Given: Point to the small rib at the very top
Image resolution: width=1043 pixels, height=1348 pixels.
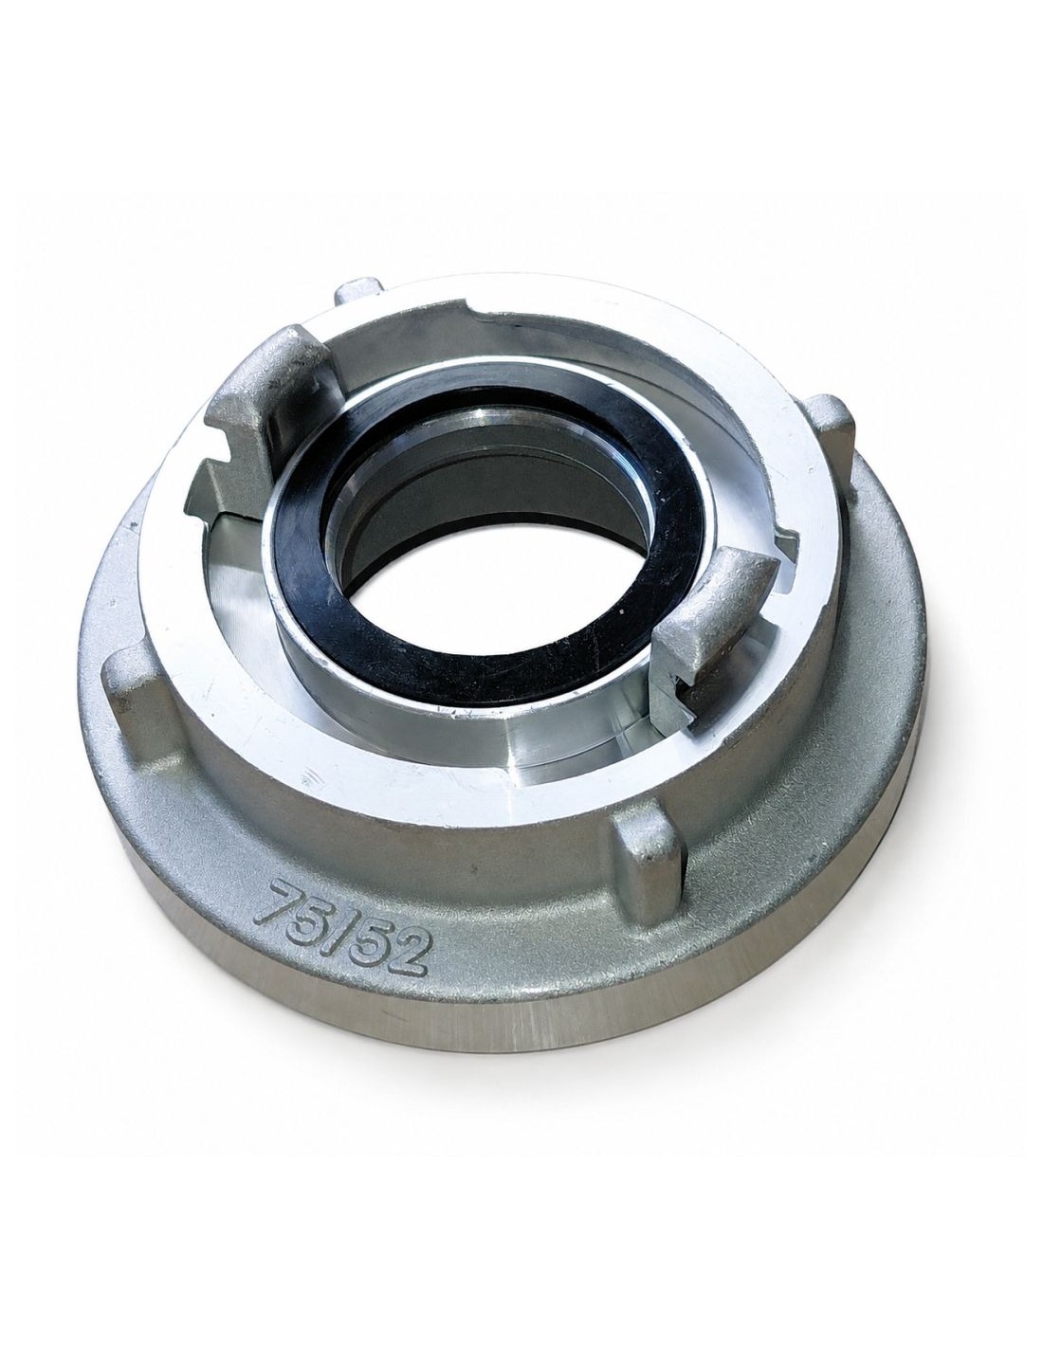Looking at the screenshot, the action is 361,292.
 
